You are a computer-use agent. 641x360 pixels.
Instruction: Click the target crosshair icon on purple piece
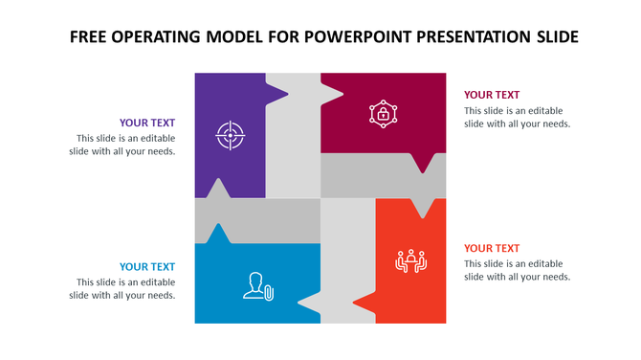[x=230, y=134]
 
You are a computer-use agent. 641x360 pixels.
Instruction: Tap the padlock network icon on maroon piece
[x=383, y=114]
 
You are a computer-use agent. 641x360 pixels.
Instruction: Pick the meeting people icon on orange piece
[x=410, y=260]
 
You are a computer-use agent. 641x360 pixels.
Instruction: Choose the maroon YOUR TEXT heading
[x=492, y=95]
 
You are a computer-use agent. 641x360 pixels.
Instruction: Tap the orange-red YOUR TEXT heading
[x=492, y=248]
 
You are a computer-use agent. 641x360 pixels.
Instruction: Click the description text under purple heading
[x=124, y=145]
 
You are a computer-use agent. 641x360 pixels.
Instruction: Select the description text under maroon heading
[x=517, y=116]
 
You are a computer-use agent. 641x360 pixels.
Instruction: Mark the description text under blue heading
[x=124, y=288]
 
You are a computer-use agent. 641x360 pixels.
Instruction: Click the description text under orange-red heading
[x=517, y=270]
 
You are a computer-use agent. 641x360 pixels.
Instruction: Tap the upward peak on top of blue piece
[x=219, y=233]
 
